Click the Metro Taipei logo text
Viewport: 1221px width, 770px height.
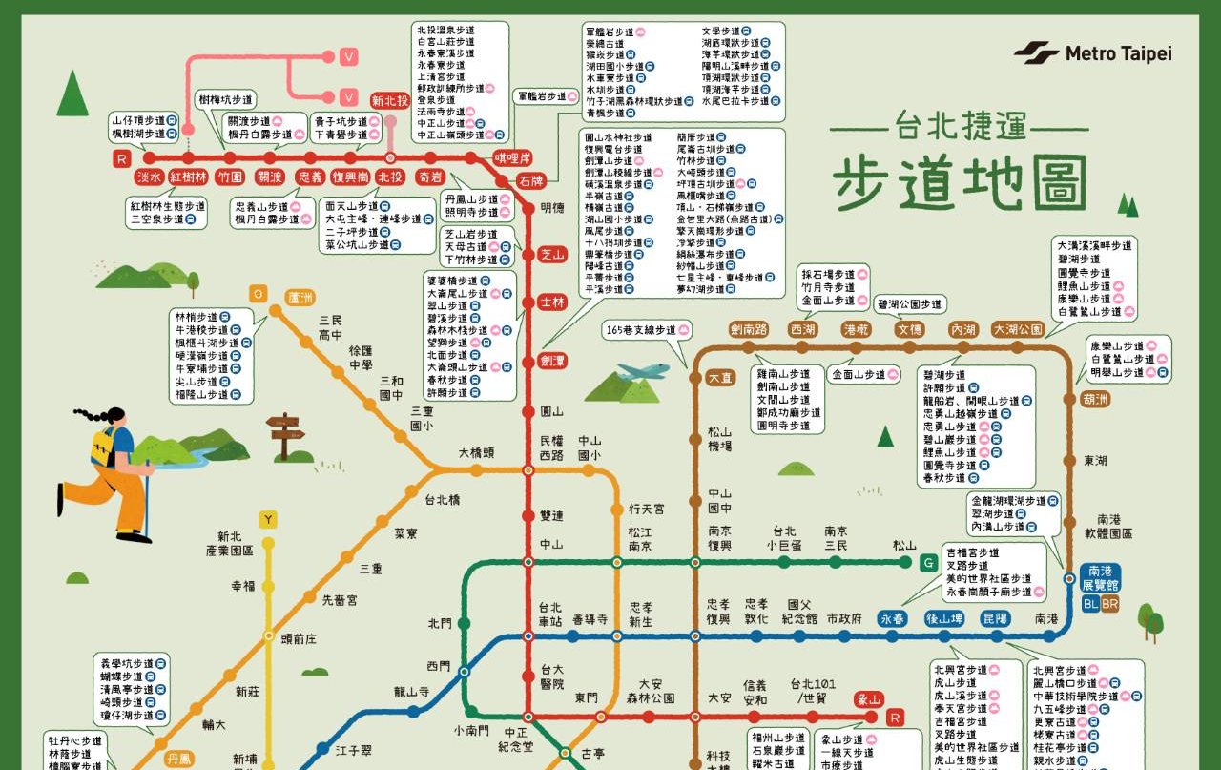pyautogui.click(x=1117, y=53)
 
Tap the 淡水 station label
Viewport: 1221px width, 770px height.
pyautogui.click(x=149, y=177)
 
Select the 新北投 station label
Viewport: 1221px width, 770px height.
pyautogui.click(x=390, y=100)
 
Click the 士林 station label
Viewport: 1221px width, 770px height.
pyautogui.click(x=552, y=302)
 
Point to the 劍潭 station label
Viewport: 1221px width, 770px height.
pyautogui.click(x=552, y=361)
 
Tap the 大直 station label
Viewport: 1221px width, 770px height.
pyautogui.click(x=721, y=378)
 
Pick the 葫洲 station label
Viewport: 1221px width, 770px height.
pyautogui.click(x=1094, y=400)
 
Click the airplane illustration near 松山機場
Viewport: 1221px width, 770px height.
pyautogui.click(x=643, y=370)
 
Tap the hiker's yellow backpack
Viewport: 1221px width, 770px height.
pyautogui.click(x=102, y=446)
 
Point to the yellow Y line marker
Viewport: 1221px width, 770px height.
pyautogui.click(x=270, y=520)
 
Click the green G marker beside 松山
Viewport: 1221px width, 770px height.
pyautogui.click(x=927, y=563)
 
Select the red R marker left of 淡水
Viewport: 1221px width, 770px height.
pyautogui.click(x=121, y=159)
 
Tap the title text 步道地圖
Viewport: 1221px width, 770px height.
pyautogui.click(x=960, y=183)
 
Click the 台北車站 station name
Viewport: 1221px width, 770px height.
pyautogui.click(x=550, y=614)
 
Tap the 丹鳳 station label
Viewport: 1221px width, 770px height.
pyautogui.click(x=178, y=760)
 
